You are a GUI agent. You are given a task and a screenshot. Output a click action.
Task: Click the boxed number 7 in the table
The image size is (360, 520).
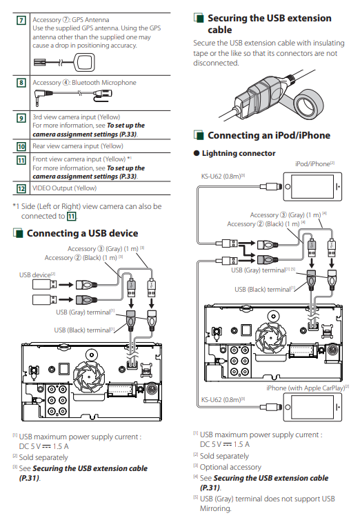coord(21,21)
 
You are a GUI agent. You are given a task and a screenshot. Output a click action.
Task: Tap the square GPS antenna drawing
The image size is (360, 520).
coord(84,62)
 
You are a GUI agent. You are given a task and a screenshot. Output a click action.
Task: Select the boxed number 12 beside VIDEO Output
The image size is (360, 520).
coord(21,189)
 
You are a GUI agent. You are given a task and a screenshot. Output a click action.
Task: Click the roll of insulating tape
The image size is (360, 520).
coord(308,106)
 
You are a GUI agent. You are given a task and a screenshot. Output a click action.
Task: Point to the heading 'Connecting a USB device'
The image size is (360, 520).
coord(83,233)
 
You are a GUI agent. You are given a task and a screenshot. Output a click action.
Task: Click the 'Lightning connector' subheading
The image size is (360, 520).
coord(239,153)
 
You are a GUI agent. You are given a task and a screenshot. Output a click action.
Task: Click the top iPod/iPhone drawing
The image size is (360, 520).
coord(312,186)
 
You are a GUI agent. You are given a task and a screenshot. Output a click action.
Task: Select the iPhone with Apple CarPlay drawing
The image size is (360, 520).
coord(312,407)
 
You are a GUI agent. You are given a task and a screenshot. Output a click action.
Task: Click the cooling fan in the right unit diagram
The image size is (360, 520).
coord(272,338)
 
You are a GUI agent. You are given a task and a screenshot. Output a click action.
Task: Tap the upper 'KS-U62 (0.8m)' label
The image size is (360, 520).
coord(223,176)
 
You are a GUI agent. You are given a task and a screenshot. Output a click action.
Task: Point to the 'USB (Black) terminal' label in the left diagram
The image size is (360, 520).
coord(84,330)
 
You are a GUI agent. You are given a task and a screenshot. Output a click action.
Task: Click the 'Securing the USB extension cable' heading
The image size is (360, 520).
coord(270,24)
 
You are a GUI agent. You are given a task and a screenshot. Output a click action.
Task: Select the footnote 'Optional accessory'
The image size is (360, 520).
coord(230,467)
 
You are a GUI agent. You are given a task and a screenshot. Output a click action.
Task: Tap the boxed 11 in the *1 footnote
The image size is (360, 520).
coord(71,217)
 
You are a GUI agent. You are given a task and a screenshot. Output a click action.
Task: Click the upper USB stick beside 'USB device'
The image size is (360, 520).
coord(44,284)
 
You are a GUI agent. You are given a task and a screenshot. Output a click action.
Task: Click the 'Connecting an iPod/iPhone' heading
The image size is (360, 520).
coord(269,135)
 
